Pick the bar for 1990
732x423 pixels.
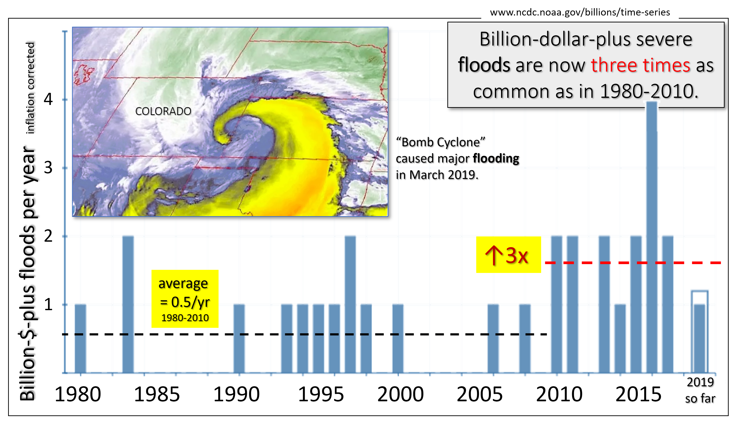[239, 339]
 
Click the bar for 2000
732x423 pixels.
[398, 339]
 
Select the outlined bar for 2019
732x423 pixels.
[700, 331]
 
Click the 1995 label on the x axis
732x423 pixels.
[321, 394]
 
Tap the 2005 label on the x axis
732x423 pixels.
[480, 394]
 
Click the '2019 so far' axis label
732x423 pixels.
[700, 390]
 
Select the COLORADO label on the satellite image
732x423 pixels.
[163, 111]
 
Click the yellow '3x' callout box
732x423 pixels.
[508, 255]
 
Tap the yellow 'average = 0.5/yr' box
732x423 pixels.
[185, 299]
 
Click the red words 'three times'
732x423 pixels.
[640, 65]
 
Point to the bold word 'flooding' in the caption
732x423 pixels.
[496, 159]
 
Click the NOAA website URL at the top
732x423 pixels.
[580, 12]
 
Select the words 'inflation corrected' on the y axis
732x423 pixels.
[30, 88]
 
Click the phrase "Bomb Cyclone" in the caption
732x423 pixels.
[441, 142]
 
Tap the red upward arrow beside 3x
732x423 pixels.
[493, 255]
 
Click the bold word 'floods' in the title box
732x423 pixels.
[484, 65]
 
